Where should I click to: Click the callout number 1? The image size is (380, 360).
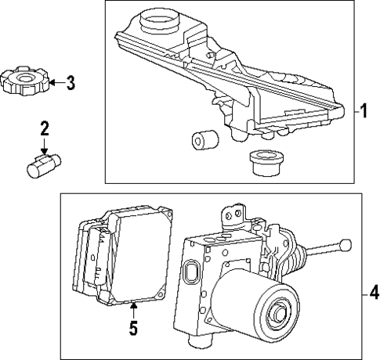pos(364,110)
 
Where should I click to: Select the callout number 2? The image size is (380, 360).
pos(45,128)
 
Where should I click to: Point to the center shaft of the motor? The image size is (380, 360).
pos(277,316)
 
